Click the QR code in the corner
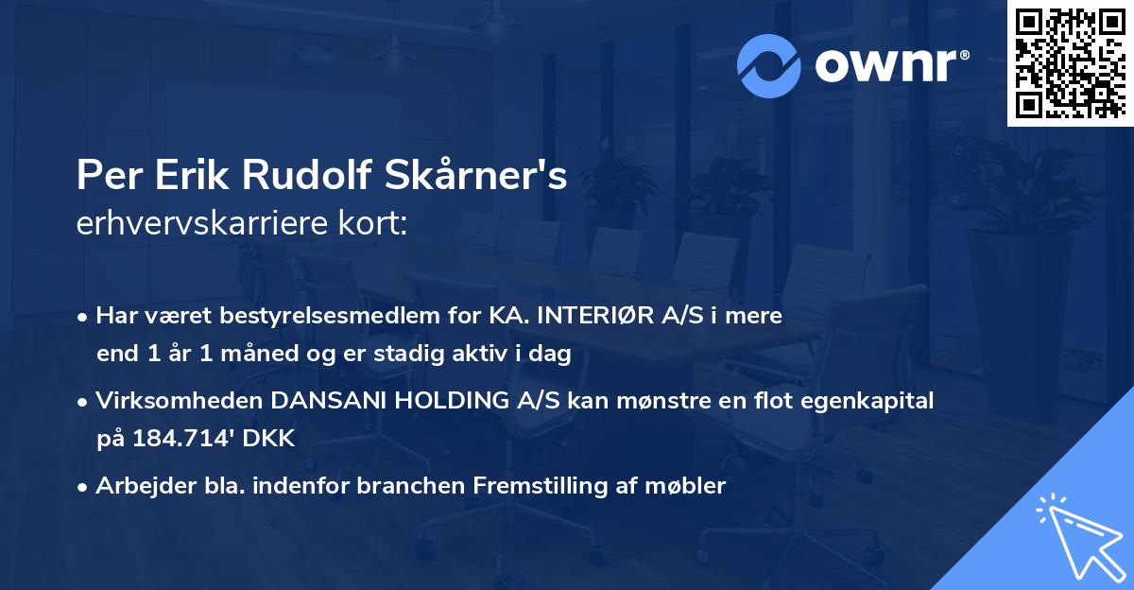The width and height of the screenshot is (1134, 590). point(1070,62)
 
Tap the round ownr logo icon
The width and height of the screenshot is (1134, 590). point(767,66)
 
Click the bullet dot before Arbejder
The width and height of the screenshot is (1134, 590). point(84,488)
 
